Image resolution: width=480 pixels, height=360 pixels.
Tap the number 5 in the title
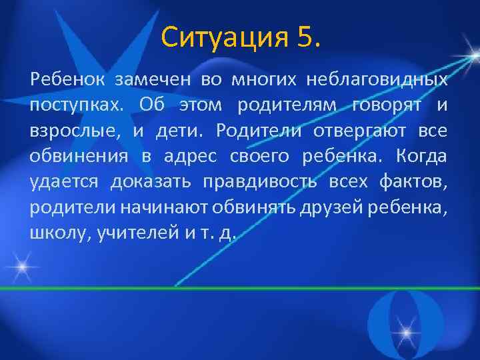[x=309, y=38]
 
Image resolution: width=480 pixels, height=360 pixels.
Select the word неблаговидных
[x=377, y=81]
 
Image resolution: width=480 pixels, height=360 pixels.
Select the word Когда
[x=421, y=156]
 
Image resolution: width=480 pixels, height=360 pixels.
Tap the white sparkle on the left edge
[x=22, y=269]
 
